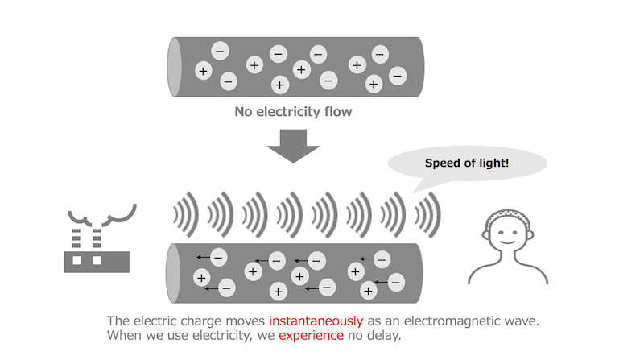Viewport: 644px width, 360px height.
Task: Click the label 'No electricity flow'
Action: click(293, 112)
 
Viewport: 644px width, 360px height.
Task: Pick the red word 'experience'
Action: click(311, 335)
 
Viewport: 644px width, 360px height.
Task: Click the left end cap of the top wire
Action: click(174, 67)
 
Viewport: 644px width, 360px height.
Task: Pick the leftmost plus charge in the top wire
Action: click(202, 72)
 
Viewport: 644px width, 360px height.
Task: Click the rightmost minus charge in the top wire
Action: click(397, 76)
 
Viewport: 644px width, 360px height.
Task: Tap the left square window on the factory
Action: click(78, 260)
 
